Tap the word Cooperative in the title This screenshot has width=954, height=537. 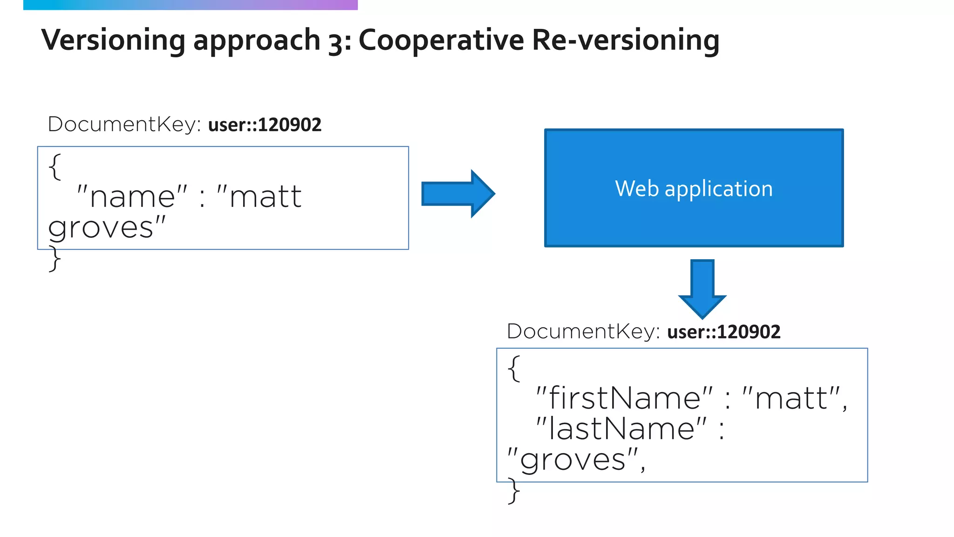point(441,40)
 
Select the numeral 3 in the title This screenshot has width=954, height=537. point(336,42)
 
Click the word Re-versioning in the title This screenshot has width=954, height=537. point(626,40)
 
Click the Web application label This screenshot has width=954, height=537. point(694,189)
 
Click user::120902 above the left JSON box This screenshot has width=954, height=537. point(265,125)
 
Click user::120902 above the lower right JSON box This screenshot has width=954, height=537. point(723,332)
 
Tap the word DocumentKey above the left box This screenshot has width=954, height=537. point(124,124)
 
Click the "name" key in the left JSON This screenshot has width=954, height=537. point(132,197)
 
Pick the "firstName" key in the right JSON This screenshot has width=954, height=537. point(624,399)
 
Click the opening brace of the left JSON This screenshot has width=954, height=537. point(55,167)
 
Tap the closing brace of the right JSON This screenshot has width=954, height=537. point(514,490)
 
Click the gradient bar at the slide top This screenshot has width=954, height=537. point(190,5)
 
